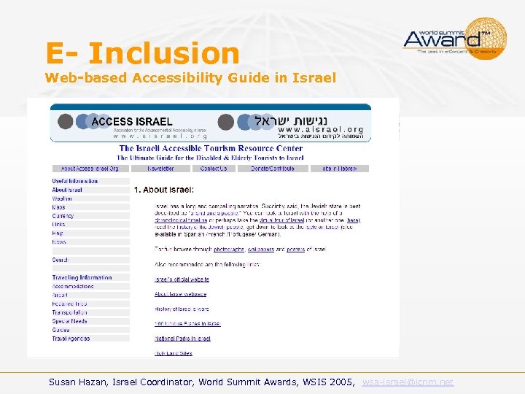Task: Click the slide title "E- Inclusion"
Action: pos(142,53)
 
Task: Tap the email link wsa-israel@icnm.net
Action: pos(408,382)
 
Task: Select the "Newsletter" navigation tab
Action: pos(160,169)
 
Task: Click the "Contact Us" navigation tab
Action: pos(214,169)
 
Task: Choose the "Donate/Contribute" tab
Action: pos(273,169)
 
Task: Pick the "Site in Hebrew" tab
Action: pos(339,169)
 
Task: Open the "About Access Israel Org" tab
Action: pos(90,169)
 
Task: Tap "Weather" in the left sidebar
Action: pos(62,198)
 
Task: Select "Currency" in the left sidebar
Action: pos(63,216)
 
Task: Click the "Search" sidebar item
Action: pos(60,260)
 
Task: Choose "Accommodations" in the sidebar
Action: pos(73,286)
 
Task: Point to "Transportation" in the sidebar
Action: pos(70,312)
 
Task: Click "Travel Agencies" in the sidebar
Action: pos(71,339)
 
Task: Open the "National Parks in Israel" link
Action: pos(182,339)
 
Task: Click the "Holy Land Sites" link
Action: pos(174,353)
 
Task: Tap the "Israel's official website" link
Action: pos(182,279)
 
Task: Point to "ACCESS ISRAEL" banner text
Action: pos(131,122)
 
